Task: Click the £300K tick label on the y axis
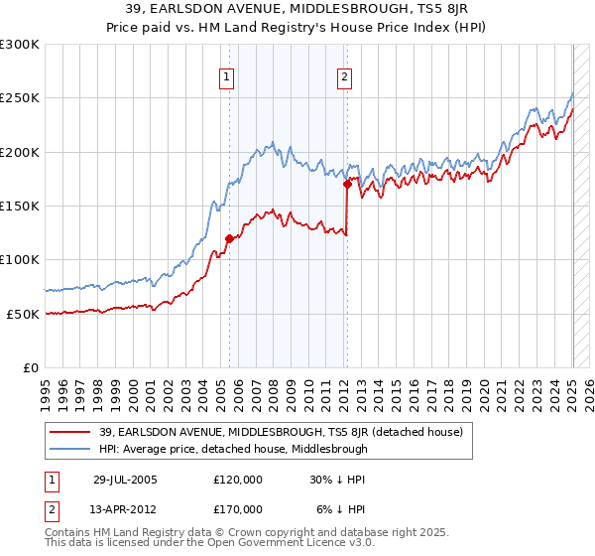coord(20,45)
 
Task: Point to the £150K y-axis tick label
coord(20,206)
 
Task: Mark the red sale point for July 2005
coord(229,238)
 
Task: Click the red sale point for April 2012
coord(347,184)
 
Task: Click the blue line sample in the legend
coord(70,449)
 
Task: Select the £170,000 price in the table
coord(238,508)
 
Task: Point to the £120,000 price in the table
coord(238,479)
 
